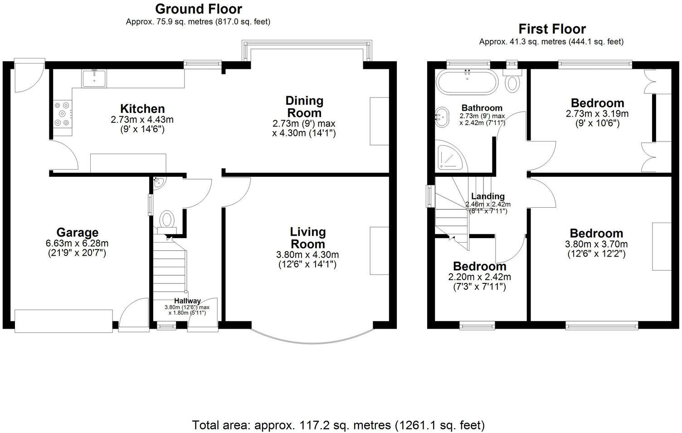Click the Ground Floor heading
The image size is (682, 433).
(x=198, y=9)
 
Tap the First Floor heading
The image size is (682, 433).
(x=552, y=29)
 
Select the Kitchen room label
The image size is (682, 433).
(x=142, y=109)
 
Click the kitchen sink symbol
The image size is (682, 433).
(x=94, y=78)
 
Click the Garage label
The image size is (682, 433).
(x=77, y=233)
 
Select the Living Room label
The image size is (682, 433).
(x=307, y=238)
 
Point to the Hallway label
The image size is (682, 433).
(x=187, y=301)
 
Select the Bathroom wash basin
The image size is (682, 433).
(x=441, y=117)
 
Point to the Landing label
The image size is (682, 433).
(x=487, y=196)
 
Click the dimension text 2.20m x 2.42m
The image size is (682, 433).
(x=479, y=277)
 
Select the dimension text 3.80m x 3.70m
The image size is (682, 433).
(x=596, y=244)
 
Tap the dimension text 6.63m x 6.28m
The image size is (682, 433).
(x=77, y=243)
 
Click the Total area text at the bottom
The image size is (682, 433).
(x=338, y=425)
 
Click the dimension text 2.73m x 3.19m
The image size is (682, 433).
(x=597, y=114)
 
